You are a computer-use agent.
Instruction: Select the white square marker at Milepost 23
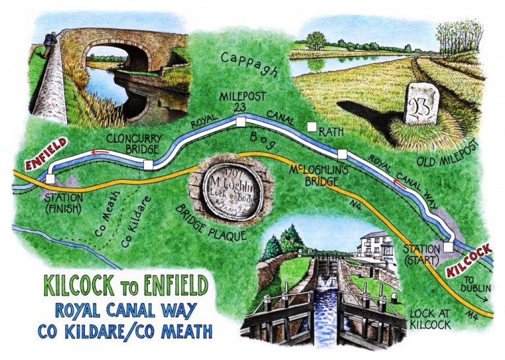point(241,122)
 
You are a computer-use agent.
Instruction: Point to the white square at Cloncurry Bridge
point(148,165)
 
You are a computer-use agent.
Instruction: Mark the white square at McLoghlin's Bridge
point(341,154)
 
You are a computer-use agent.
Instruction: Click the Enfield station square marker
point(51,179)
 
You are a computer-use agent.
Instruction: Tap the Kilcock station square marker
point(448,246)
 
